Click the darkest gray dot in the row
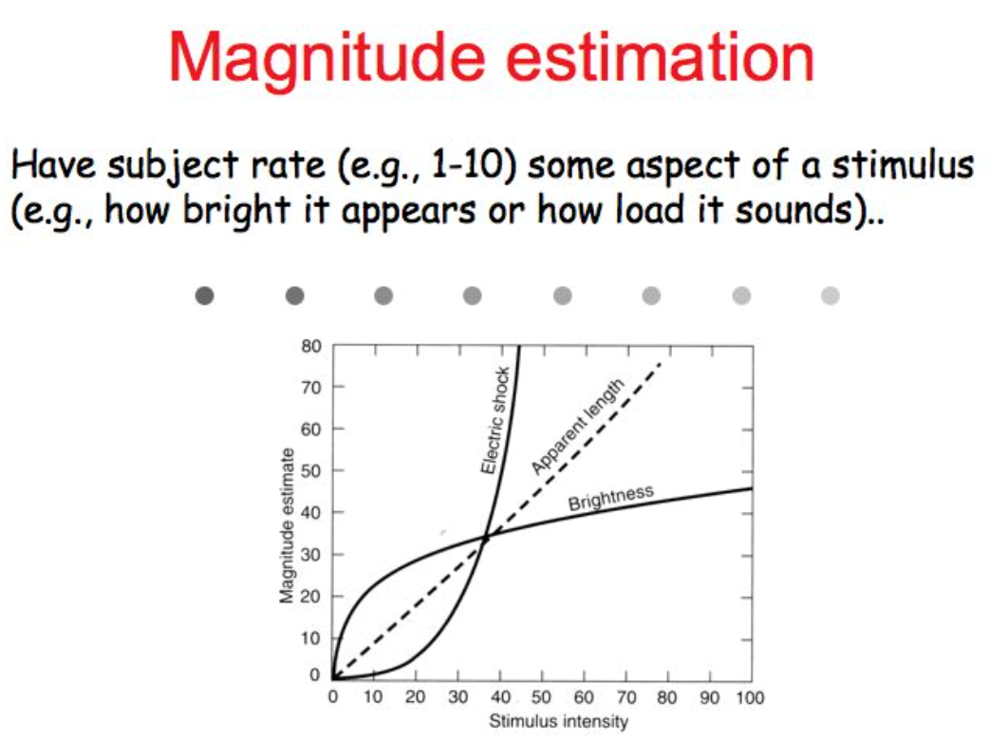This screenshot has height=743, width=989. coord(204,295)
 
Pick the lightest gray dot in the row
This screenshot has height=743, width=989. coord(830,295)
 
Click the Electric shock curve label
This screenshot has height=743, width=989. coord(495,420)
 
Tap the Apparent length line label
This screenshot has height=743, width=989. coord(577,427)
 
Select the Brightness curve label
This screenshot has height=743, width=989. coord(610,498)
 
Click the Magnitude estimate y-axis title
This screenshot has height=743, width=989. coord(287,525)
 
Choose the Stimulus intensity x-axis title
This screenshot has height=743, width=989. coord(559,721)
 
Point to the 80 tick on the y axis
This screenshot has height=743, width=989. coord(311,346)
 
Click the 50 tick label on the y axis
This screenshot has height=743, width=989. coord(311,470)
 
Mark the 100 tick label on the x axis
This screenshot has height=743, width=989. coord(749,697)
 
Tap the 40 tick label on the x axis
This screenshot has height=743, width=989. coord(500,697)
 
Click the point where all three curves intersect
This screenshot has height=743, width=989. coord(486,537)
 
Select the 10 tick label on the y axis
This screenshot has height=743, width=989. coord(311,638)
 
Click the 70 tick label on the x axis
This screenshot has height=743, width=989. coord(626,697)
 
